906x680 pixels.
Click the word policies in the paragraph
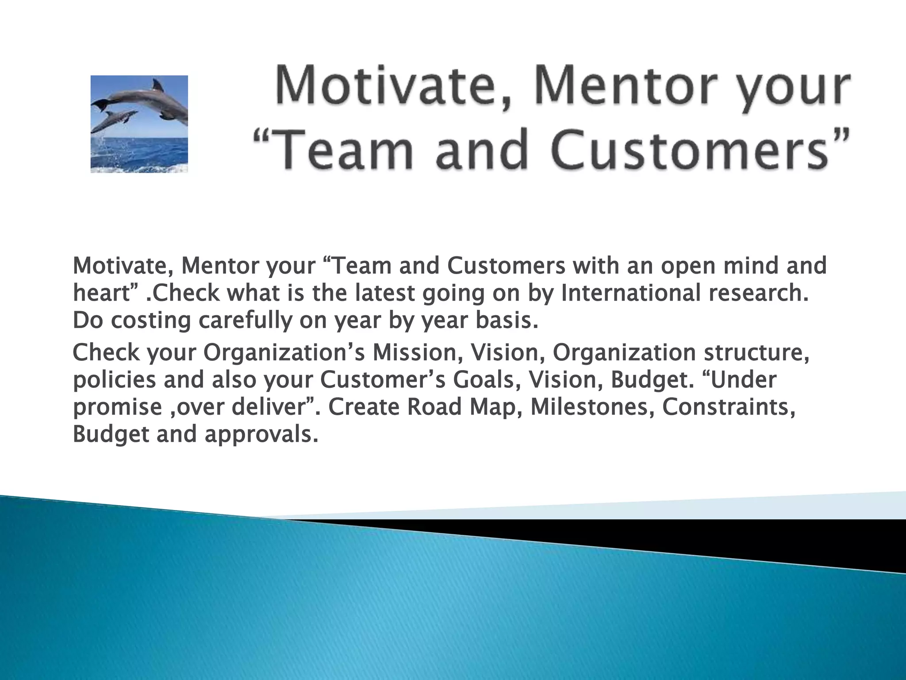click(x=114, y=380)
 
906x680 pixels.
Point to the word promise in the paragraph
click(x=117, y=407)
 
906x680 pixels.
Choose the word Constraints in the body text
click(x=728, y=407)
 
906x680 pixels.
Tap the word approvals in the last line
click(x=261, y=434)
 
